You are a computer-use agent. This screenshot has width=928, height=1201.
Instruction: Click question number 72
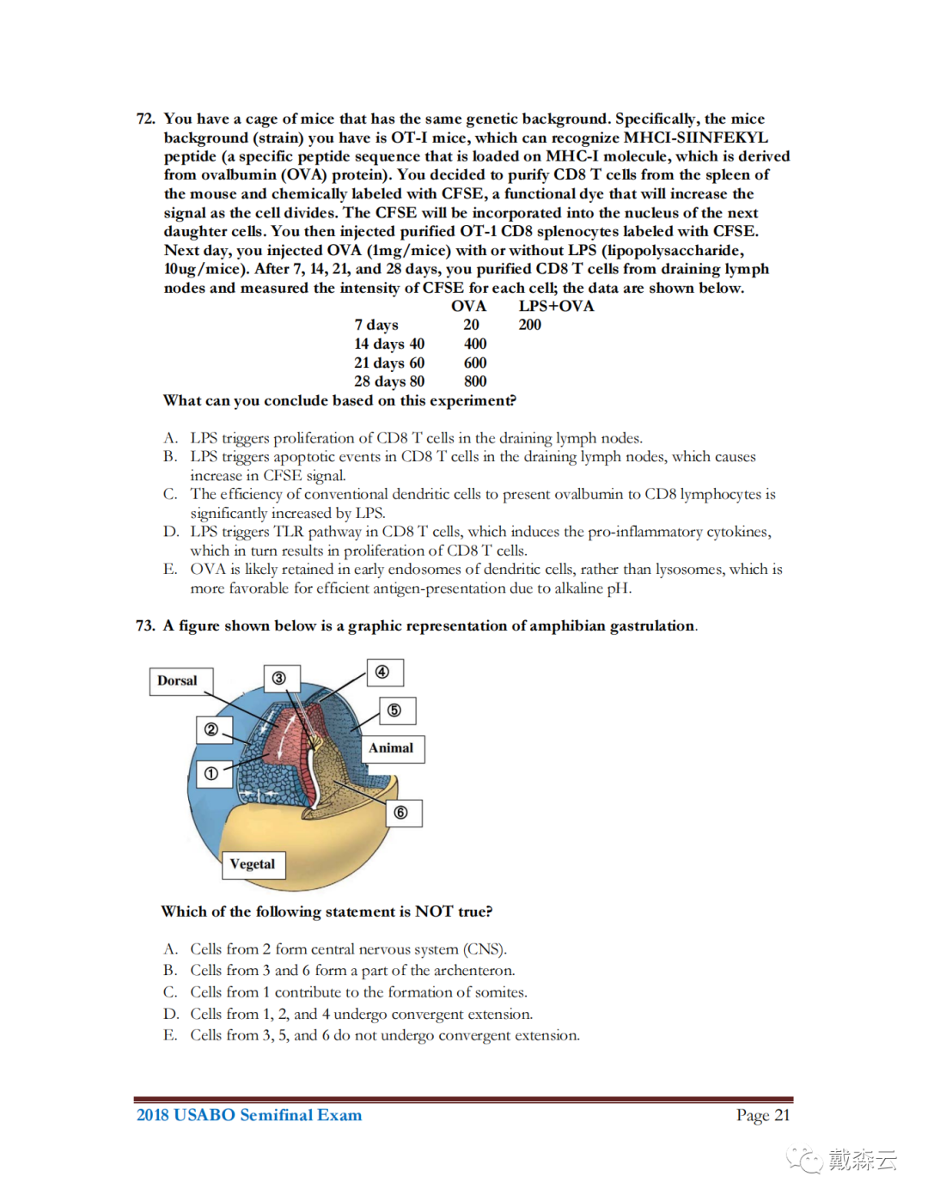[145, 119]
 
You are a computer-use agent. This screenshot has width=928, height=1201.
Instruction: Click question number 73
[145, 625]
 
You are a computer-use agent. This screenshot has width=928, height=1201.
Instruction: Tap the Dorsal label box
[178, 680]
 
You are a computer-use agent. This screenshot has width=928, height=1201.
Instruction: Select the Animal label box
[391, 748]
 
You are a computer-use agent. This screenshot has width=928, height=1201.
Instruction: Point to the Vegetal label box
[253, 864]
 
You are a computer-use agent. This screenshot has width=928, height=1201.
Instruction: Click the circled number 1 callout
[211, 774]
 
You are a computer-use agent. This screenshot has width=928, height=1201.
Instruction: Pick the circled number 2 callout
[211, 730]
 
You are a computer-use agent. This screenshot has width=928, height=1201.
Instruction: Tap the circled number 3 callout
[279, 679]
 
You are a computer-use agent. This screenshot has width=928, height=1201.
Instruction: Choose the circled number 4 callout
[382, 672]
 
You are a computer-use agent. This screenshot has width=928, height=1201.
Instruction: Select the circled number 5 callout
[394, 710]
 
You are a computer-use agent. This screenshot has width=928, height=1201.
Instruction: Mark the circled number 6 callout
[400, 813]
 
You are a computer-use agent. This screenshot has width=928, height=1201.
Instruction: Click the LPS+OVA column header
[556, 307]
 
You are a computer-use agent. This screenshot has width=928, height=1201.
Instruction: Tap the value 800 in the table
[475, 381]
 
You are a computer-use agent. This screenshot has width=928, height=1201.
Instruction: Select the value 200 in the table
[530, 325]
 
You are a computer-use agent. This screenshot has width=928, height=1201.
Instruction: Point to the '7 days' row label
[376, 325]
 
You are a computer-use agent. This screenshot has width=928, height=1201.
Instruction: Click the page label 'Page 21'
[762, 1115]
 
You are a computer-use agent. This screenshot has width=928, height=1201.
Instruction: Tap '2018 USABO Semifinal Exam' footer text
[249, 1115]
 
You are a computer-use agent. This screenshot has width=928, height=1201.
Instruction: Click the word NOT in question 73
[434, 911]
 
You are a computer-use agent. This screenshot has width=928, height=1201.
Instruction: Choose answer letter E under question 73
[170, 1035]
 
